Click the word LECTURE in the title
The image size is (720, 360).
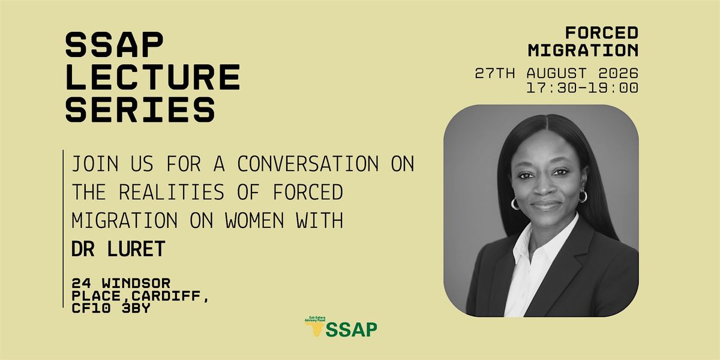pos(153,77)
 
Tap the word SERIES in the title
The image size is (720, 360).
pos(140,109)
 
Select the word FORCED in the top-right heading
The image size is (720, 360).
pos(602,33)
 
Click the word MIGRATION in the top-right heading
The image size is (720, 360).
pos(583,50)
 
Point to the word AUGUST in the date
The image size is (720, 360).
pos(557,73)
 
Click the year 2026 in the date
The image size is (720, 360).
pos(619,73)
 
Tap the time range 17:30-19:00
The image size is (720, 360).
pos(583,88)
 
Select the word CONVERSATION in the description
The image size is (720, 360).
pos(308,164)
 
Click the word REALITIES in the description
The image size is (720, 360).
pos(172,192)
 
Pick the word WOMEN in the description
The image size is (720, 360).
pos(254,221)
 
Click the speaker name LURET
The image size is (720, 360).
pos(136,249)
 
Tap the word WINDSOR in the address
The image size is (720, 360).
pos(136,283)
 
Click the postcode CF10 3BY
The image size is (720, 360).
pos(111,308)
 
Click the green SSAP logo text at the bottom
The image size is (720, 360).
pos(352,329)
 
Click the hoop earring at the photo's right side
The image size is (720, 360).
pos(583,196)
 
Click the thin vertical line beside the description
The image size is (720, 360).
pos(63,229)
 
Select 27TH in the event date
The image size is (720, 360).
pos(494,73)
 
